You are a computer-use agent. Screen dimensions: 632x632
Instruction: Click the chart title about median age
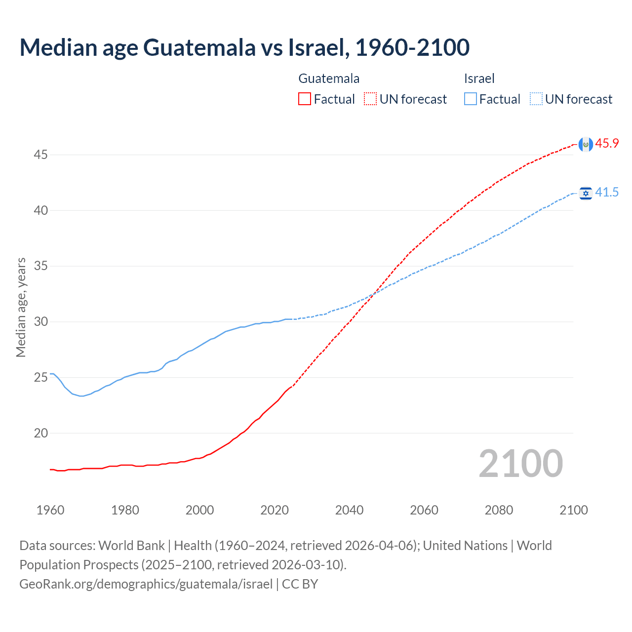coord(244,48)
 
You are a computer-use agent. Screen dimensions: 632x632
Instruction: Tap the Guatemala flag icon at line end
coord(586,144)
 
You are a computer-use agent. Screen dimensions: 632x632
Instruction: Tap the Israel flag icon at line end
coord(586,193)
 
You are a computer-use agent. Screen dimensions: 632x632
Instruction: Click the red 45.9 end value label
coord(607,144)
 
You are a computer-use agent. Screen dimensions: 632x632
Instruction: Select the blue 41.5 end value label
coord(607,193)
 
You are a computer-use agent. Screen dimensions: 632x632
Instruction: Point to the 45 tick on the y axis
coord(40,155)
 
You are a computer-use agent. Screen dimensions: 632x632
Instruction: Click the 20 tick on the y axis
coord(40,434)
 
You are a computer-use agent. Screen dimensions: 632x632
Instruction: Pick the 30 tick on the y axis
coord(40,322)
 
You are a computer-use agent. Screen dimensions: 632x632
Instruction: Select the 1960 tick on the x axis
coord(50,510)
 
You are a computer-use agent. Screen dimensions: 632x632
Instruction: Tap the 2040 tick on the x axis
coord(349,510)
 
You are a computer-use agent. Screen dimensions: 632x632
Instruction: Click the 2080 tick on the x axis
coord(499,510)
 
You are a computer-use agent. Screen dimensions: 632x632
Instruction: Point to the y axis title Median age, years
coord(21,307)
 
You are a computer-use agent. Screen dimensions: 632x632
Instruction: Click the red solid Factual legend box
coord(305,99)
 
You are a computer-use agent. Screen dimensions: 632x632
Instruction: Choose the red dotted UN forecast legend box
coord(370,99)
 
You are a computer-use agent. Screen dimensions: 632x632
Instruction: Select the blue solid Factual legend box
coord(471,99)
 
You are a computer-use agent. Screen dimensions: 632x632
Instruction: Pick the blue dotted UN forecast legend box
coord(536,99)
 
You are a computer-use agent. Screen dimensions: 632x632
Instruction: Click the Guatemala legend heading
coord(329,79)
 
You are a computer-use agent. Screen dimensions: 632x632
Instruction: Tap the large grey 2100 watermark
coord(520,464)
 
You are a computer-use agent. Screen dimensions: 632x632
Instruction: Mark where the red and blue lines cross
coord(373,294)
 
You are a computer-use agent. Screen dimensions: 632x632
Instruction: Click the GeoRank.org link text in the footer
coord(146,584)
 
